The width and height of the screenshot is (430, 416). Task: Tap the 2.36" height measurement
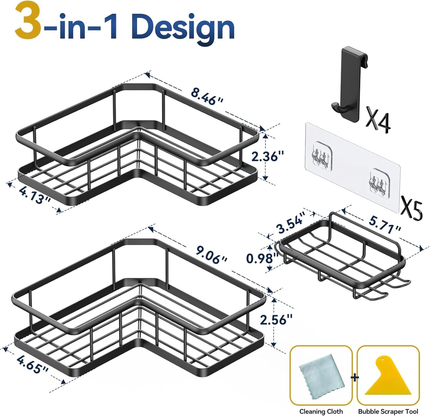pos(267,157)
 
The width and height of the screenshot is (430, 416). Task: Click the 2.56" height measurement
pos(276,319)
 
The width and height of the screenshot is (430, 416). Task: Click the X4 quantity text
pos(378,120)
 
